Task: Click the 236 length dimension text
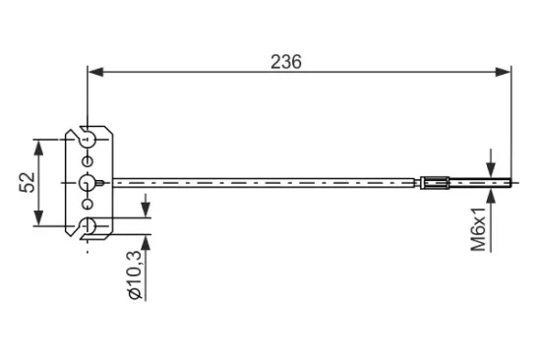click(286, 62)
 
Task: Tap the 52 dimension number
click(28, 182)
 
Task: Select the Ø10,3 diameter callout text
click(134, 274)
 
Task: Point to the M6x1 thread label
click(478, 229)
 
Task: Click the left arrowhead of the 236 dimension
click(95, 72)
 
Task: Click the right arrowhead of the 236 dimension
click(503, 72)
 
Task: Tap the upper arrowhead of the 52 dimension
click(39, 148)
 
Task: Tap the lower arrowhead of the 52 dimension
click(39, 217)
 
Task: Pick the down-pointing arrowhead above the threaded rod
click(491, 170)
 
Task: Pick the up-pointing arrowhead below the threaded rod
click(491, 196)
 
